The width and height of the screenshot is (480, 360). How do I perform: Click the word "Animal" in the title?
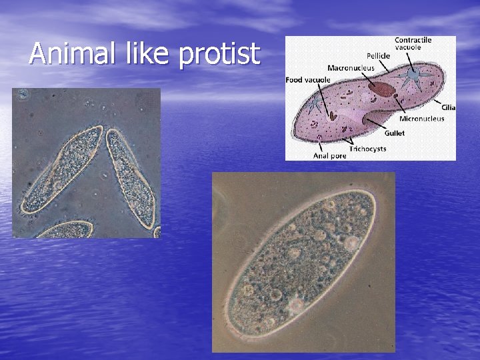69,53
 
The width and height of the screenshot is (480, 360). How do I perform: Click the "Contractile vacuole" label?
413,44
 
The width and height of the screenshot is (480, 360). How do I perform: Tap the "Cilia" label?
448,107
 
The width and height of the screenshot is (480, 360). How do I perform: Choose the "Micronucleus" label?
421,119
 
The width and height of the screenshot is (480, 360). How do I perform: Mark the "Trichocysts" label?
367,149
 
